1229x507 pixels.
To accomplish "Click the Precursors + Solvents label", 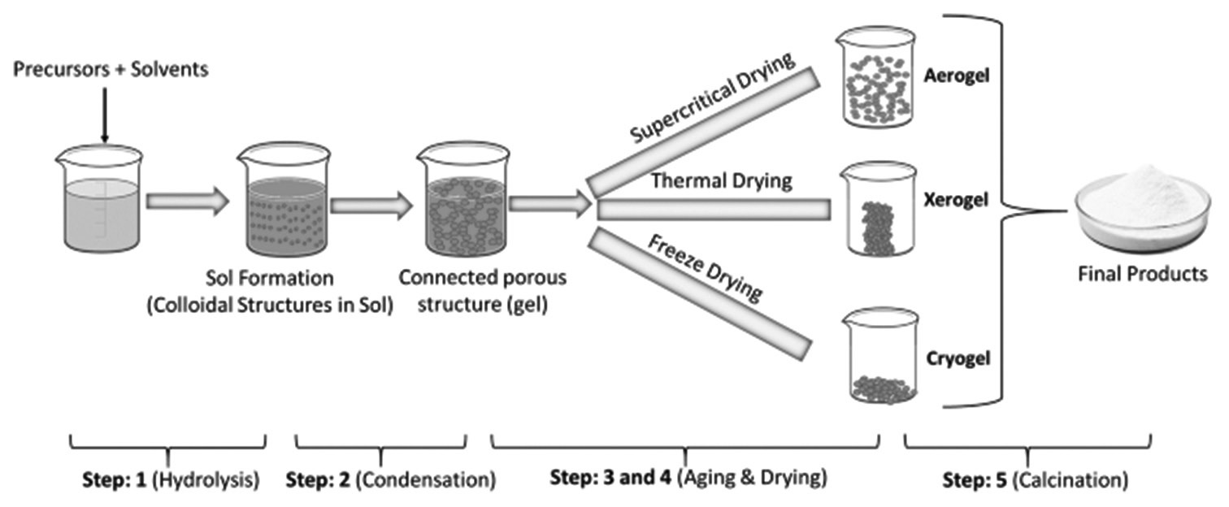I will (111, 69).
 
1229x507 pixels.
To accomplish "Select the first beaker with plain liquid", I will (100, 199).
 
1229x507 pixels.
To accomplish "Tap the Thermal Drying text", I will (721, 180).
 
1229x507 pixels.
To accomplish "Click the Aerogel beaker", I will (878, 78).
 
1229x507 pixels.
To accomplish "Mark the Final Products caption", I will (1142, 274).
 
